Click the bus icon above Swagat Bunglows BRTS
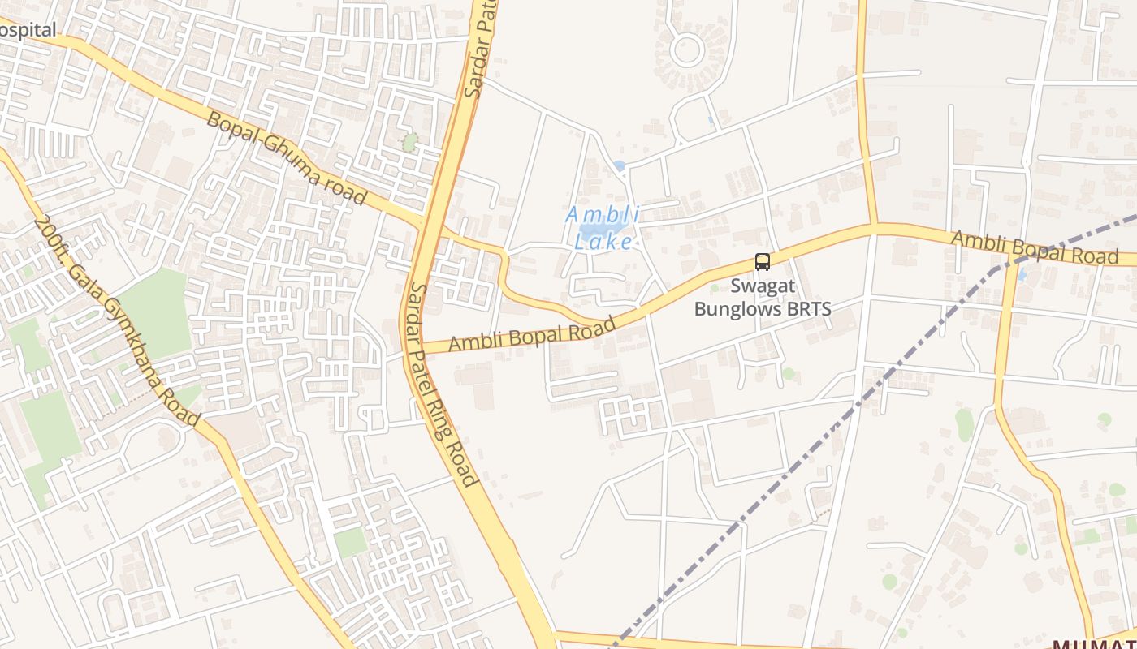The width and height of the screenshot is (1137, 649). point(762,262)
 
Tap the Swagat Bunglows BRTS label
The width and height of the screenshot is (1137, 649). point(763,298)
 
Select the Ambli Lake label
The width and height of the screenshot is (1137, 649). point(603,228)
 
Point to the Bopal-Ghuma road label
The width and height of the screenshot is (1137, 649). point(287,158)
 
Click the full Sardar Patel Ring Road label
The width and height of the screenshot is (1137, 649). point(443,384)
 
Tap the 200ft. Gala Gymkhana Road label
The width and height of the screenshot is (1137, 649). point(117,320)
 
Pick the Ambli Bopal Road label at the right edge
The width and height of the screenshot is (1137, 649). point(1033,247)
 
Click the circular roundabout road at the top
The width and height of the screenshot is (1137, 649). point(687,49)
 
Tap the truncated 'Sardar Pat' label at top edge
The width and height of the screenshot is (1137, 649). point(480,49)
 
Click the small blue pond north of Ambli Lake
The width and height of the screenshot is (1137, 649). point(620,166)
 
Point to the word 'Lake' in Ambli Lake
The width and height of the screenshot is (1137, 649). point(603,241)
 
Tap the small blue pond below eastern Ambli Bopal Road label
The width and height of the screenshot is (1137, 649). point(1022,274)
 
